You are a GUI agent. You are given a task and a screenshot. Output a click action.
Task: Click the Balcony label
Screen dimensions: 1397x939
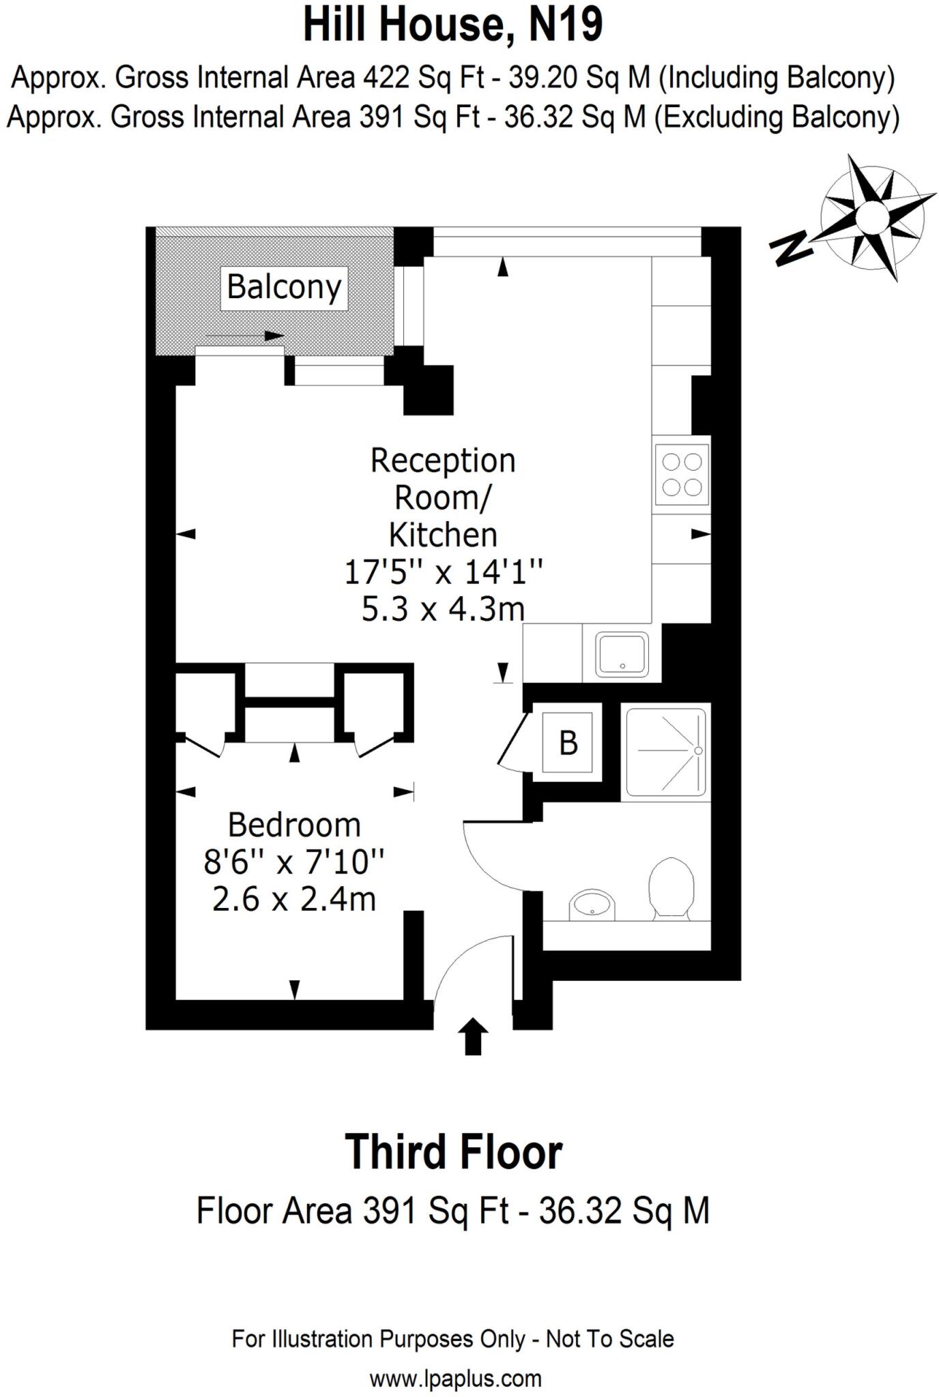click(x=284, y=286)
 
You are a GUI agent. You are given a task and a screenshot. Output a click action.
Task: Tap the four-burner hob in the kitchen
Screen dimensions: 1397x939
click(x=682, y=474)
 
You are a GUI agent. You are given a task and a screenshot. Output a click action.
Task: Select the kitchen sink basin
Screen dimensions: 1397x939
click(x=622, y=655)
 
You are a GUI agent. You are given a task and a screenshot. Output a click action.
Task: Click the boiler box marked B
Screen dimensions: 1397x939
click(x=568, y=743)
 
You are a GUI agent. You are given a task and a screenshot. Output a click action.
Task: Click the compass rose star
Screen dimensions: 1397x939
click(x=872, y=216)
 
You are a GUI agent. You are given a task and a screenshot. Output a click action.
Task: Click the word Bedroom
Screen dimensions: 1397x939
click(x=294, y=825)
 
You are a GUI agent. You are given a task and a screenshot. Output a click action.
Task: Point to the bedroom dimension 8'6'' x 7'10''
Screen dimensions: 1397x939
click(x=294, y=862)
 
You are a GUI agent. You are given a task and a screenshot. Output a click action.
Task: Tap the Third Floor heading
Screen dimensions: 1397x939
click(x=453, y=1152)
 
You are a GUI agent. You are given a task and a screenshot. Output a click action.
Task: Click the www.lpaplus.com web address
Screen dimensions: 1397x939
click(x=455, y=1378)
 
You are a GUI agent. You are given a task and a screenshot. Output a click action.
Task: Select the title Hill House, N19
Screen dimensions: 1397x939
click(x=453, y=25)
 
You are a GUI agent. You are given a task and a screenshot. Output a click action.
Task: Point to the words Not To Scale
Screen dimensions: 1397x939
click(x=609, y=1338)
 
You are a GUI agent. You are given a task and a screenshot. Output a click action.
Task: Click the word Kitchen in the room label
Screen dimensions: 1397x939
click(x=443, y=535)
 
